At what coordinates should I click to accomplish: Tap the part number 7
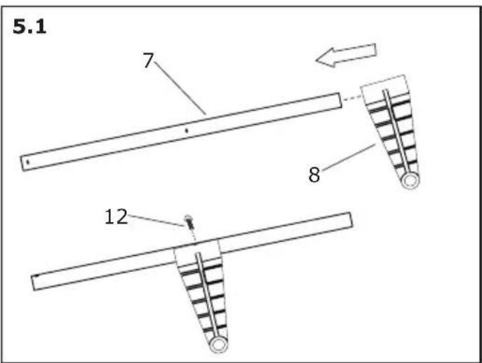tap(148, 60)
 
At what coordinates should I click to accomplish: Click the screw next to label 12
tap(189, 222)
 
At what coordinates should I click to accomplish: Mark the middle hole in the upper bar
tap(185, 130)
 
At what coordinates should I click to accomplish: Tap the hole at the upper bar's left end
tap(27, 162)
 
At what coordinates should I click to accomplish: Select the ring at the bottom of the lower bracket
tap(217, 345)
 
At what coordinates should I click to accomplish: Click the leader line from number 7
tap(180, 88)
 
